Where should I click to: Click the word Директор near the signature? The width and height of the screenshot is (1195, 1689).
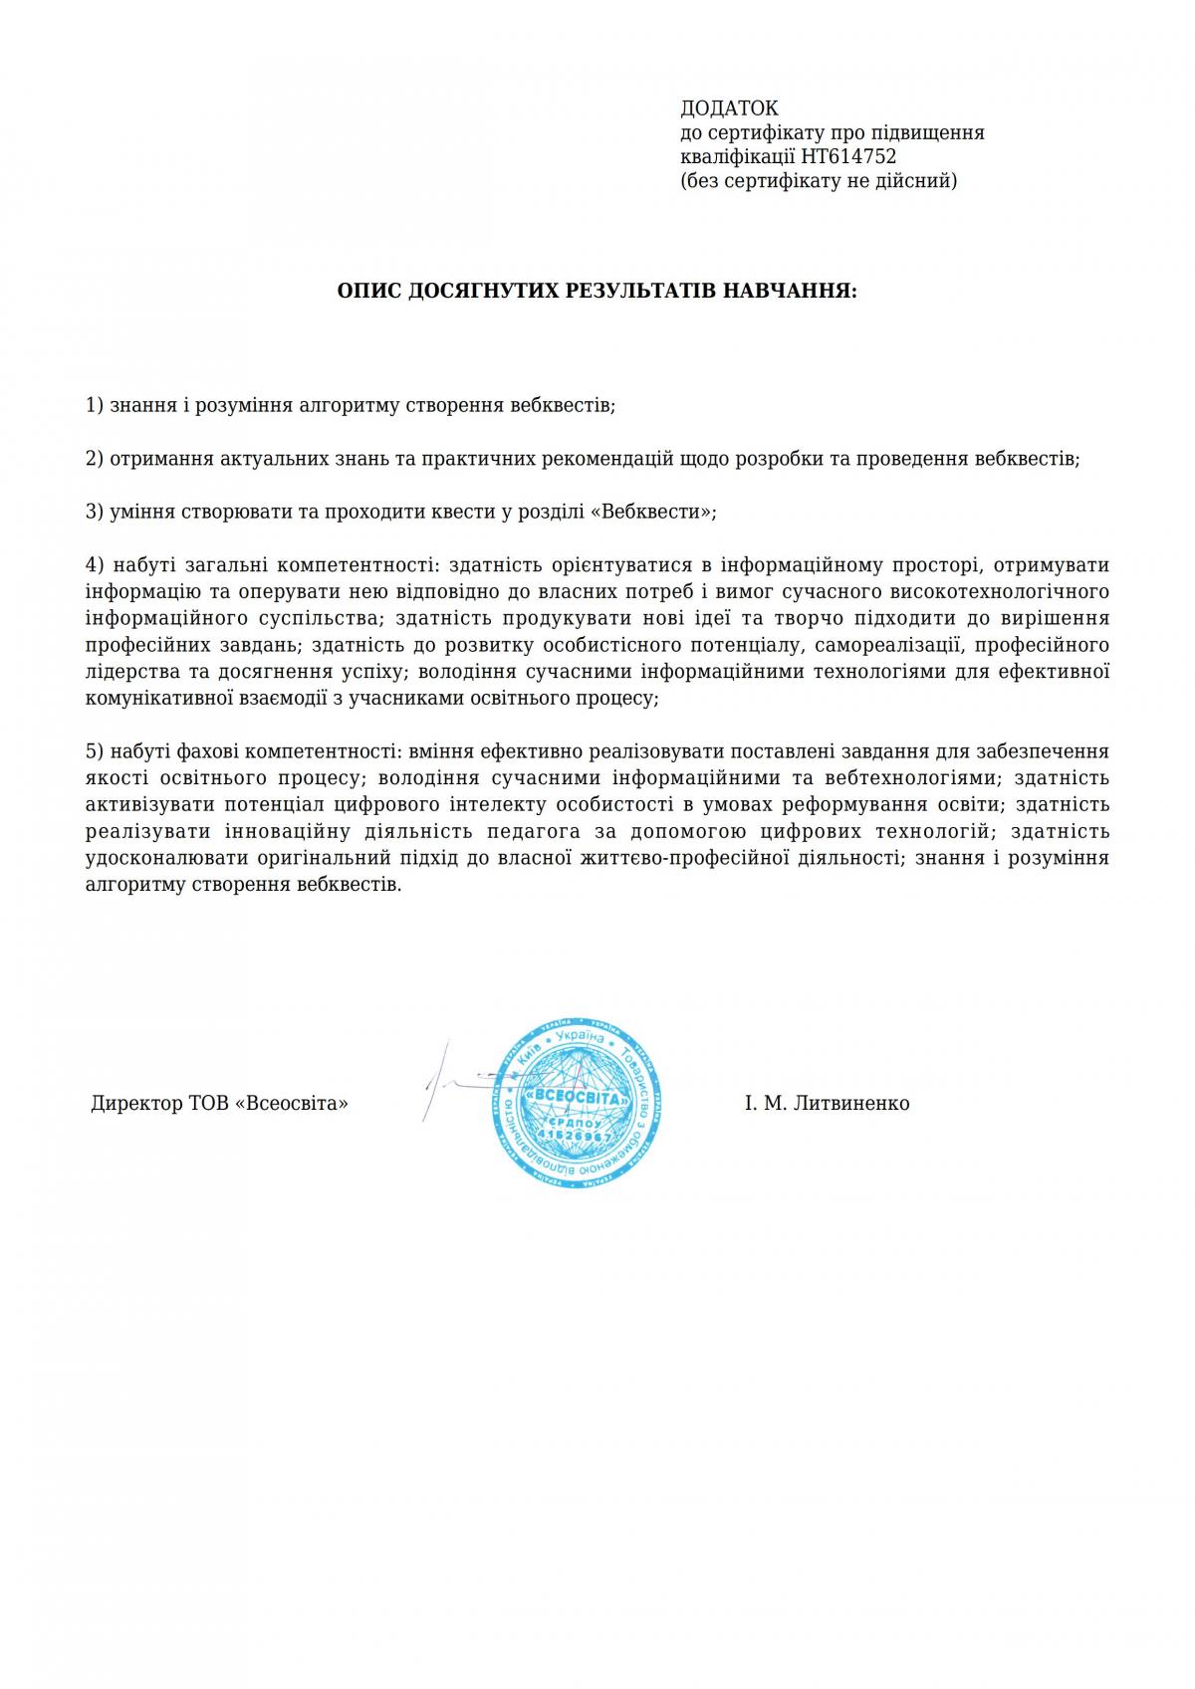point(135,1104)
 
